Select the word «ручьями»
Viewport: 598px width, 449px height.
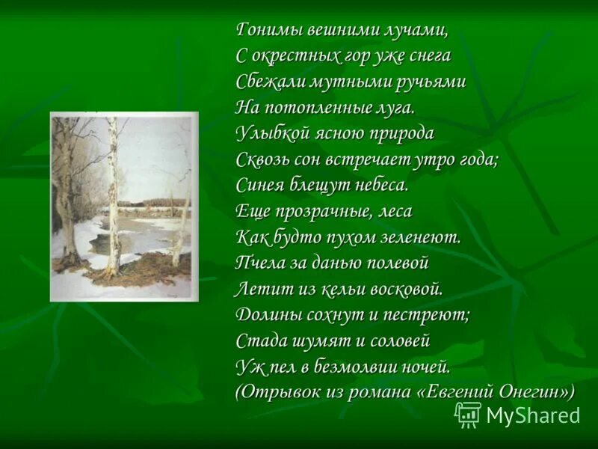[431, 82]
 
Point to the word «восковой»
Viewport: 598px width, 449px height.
[406, 288]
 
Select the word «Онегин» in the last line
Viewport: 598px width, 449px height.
[533, 392]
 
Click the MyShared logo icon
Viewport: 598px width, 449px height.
[469, 414]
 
